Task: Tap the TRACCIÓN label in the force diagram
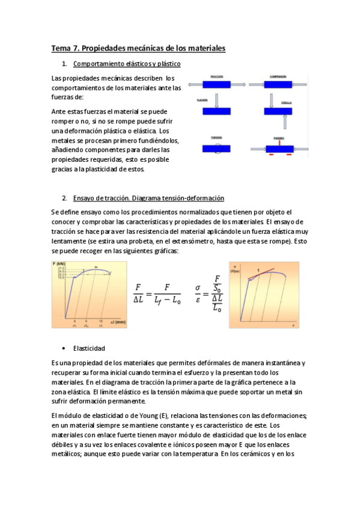pyautogui.click(x=217, y=76)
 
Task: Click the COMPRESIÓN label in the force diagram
pyautogui.click(x=278, y=76)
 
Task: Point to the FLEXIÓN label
pyautogui.click(x=202, y=101)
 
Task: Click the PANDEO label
pyautogui.click(x=278, y=138)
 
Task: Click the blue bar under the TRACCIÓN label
pyautogui.click(x=217, y=85)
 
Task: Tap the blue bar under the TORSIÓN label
pyautogui.click(x=217, y=148)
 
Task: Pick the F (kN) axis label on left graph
pyautogui.click(x=58, y=263)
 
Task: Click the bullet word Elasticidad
pyautogui.click(x=89, y=348)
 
